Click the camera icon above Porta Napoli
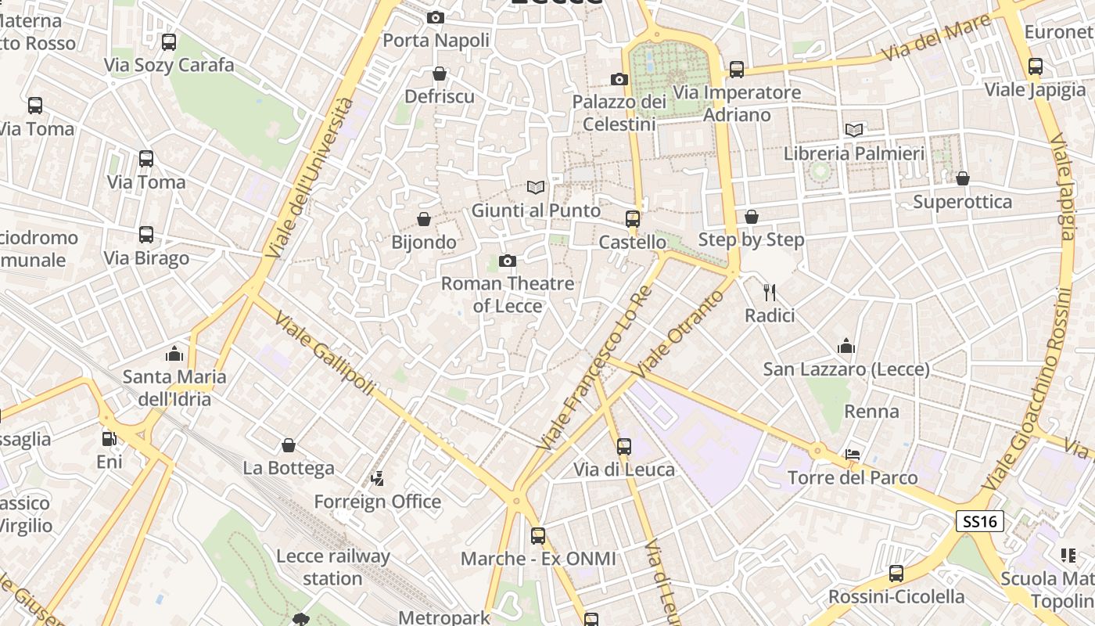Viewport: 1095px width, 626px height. [436, 17]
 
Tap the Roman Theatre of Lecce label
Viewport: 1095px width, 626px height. [508, 294]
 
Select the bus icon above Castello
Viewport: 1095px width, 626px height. [633, 219]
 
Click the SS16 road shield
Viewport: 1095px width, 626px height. [979, 522]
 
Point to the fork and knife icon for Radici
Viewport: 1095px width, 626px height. [770, 293]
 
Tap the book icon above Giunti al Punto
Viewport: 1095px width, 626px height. [536, 188]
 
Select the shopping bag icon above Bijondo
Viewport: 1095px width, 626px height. [424, 219]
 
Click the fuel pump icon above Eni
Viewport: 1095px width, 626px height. [109, 439]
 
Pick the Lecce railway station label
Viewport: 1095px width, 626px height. [333, 567]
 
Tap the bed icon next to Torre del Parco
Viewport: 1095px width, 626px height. [853, 455]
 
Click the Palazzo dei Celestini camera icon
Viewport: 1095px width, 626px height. [619, 79]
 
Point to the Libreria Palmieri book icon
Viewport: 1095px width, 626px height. [854, 130]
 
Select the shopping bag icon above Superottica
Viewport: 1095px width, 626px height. [963, 178]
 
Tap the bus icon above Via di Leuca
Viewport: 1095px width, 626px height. [624, 447]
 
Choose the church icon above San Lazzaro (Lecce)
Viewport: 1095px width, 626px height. [846, 346]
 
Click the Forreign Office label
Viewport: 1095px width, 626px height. [378, 502]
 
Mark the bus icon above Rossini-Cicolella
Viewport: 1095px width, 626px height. [896, 574]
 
